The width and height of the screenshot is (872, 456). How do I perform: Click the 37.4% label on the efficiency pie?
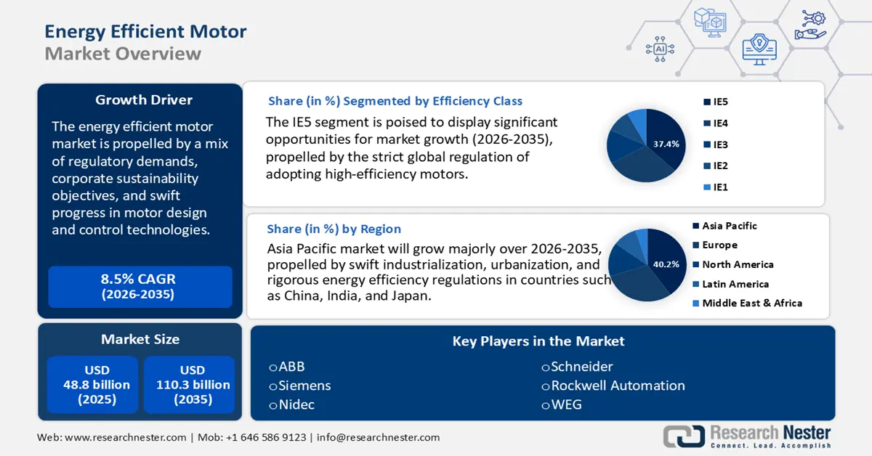pyautogui.click(x=666, y=144)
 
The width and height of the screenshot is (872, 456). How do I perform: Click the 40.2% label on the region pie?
pyautogui.click(x=666, y=264)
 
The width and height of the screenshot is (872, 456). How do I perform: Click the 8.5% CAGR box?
pyautogui.click(x=138, y=287)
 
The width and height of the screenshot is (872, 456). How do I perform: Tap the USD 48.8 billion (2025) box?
pyautogui.click(x=92, y=385)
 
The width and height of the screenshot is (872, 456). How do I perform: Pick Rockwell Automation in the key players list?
pyautogui.click(x=617, y=386)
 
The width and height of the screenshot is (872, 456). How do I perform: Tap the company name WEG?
pyautogui.click(x=565, y=404)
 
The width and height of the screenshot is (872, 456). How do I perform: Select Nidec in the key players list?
pyautogui.click(x=296, y=404)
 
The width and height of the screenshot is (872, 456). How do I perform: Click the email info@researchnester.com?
pyautogui.click(x=378, y=437)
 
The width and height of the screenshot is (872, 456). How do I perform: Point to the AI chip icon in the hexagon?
pyautogui.click(x=660, y=49)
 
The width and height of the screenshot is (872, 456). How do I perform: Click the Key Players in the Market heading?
pyautogui.click(x=538, y=341)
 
